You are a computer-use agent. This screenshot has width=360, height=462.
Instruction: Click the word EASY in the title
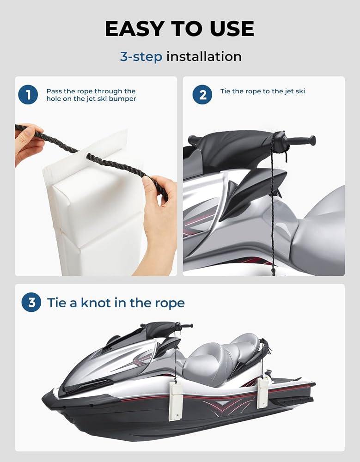coord(134,29)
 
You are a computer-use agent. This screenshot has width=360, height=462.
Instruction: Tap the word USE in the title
coord(232,29)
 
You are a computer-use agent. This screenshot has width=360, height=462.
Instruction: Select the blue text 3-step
coord(141,56)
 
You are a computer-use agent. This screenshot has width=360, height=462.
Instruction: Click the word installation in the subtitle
coord(204,56)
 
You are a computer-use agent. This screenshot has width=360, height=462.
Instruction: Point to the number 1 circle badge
coord(28,95)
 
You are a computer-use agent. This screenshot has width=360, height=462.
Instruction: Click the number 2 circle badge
coord(202,95)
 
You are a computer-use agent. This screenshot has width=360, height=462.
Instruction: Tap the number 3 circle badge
coord(31,302)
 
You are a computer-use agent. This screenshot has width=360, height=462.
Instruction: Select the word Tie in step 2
coord(225,91)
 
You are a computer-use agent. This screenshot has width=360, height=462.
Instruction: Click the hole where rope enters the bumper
coord(88,156)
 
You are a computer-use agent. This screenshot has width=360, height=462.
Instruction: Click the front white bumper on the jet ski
coord(176,402)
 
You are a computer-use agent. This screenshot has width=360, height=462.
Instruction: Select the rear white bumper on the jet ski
coord(262,393)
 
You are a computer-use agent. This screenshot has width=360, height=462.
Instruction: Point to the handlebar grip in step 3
coord(187,326)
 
